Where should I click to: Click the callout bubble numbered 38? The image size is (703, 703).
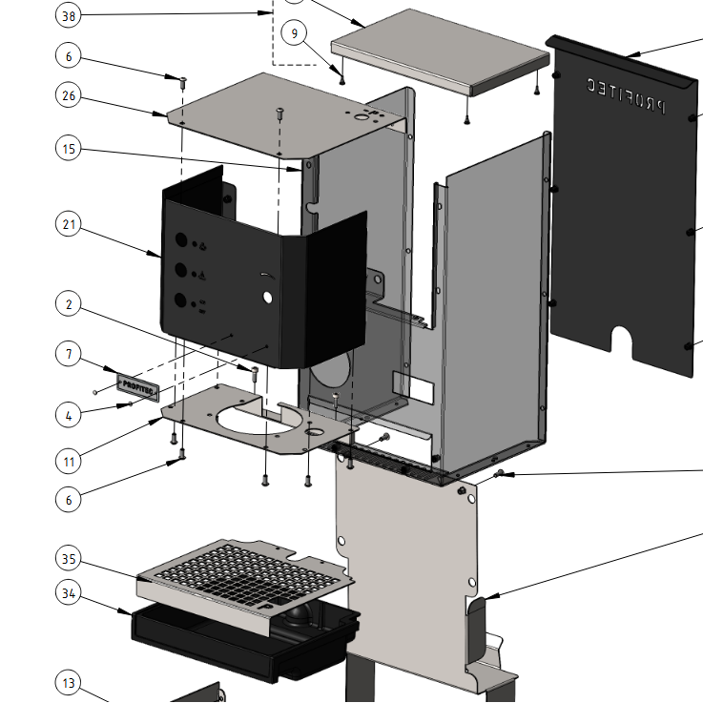coord(69,15)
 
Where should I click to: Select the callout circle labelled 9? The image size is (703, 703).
coord(295,33)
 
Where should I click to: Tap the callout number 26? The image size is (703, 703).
coord(69,96)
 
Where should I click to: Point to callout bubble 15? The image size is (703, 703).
coord(69,150)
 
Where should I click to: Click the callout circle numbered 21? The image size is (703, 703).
coord(69,225)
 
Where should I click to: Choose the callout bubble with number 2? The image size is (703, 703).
coord(69,305)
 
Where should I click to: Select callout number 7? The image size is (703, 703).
coord(69,355)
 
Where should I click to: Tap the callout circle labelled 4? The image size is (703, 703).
coord(69,416)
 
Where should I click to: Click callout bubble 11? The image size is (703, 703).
coord(69,462)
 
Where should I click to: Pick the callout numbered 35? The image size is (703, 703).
coord(69,559)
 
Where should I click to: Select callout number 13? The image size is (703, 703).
coord(69,683)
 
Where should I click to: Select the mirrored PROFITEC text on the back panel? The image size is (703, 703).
coord(621,95)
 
